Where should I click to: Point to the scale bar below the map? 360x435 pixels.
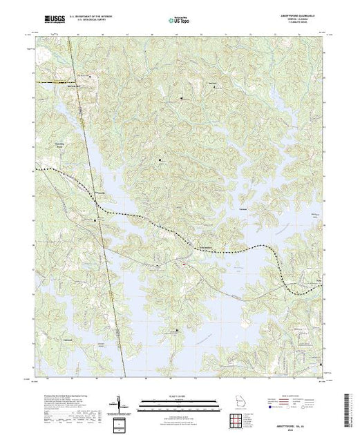[178, 402]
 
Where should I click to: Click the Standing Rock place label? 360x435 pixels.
[59, 146]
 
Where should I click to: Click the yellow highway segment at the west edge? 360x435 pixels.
[43, 82]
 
